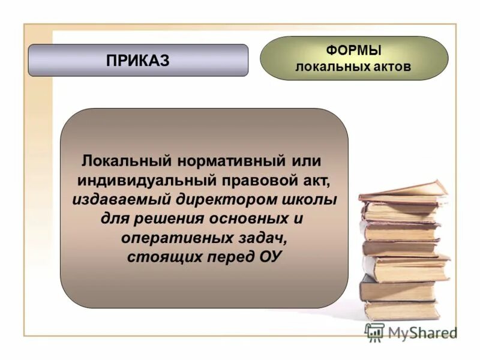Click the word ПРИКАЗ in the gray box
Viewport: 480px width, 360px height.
pos(138,60)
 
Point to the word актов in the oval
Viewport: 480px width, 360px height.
pos(390,67)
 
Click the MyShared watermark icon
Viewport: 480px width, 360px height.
pos(375,332)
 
